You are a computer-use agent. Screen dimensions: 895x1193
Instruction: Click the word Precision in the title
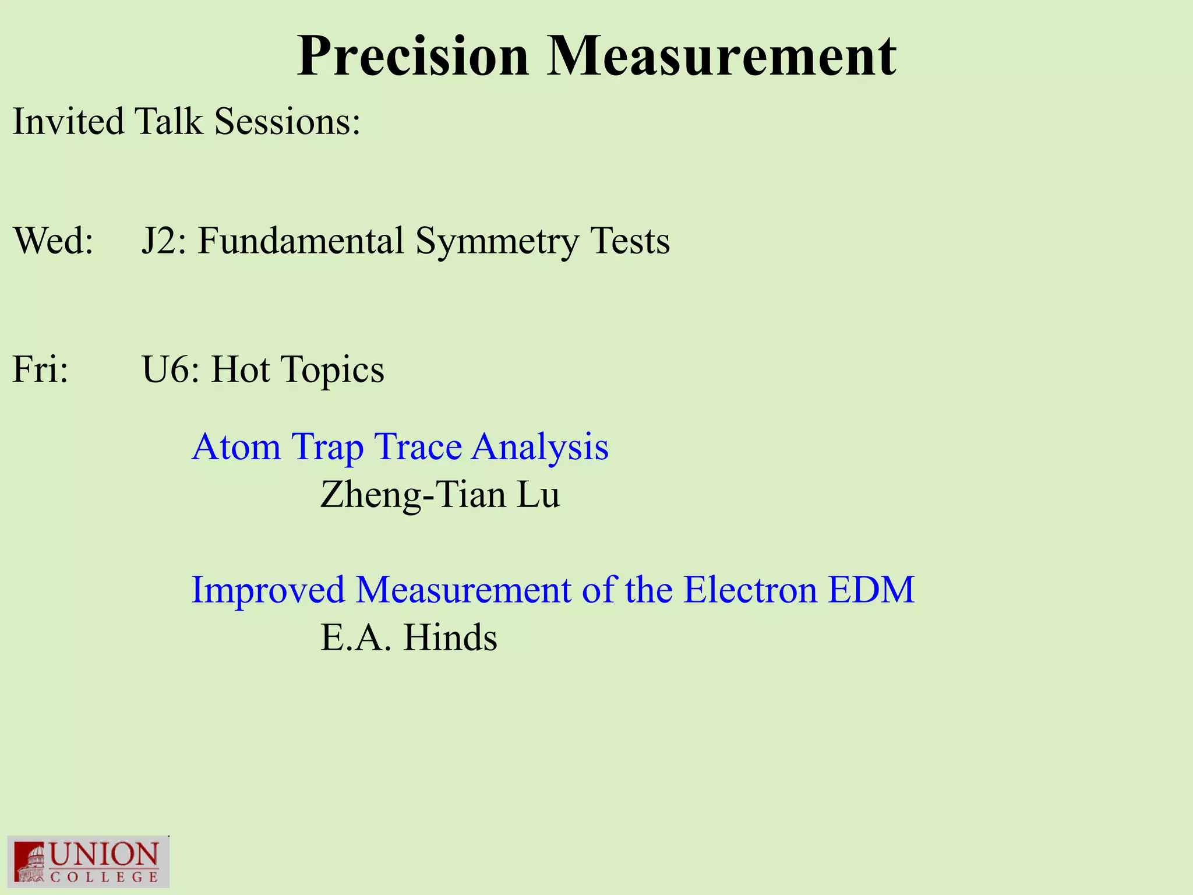tap(412, 57)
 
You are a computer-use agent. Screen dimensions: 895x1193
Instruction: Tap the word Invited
tap(68, 122)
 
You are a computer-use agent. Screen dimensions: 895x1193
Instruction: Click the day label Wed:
tap(53, 241)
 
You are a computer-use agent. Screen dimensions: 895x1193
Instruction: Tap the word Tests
tap(630, 241)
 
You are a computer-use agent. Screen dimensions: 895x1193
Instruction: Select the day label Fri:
tap(40, 369)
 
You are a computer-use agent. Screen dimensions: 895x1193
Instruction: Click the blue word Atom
tap(236, 447)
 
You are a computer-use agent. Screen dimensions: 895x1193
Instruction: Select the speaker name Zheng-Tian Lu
tap(440, 495)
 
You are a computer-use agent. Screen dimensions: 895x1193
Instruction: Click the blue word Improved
tap(268, 590)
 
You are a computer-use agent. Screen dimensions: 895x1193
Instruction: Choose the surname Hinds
tap(450, 637)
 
